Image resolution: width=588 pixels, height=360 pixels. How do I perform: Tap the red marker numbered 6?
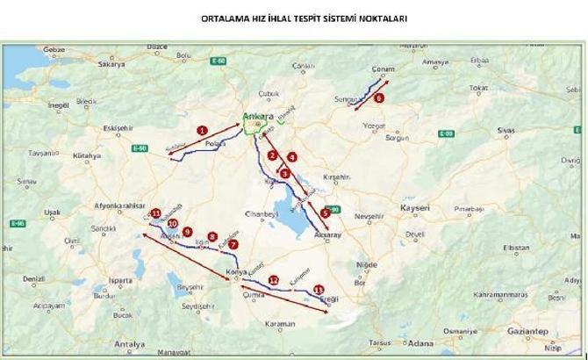pos(379,98)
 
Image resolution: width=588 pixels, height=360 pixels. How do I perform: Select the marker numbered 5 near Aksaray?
pos(325,212)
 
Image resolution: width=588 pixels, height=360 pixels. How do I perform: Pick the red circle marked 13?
pos(318,289)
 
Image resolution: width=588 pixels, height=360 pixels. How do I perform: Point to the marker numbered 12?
pos(274,279)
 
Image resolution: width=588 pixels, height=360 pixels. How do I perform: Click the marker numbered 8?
pos(212,235)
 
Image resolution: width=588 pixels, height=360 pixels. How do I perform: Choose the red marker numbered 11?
pos(155,213)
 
